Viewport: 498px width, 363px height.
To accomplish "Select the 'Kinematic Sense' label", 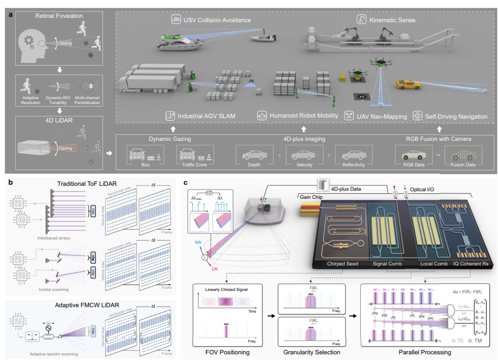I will click(x=392, y=20).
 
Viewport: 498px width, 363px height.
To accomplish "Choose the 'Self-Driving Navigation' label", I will click(x=456, y=116).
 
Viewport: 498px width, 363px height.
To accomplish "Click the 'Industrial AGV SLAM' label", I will click(x=210, y=116).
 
